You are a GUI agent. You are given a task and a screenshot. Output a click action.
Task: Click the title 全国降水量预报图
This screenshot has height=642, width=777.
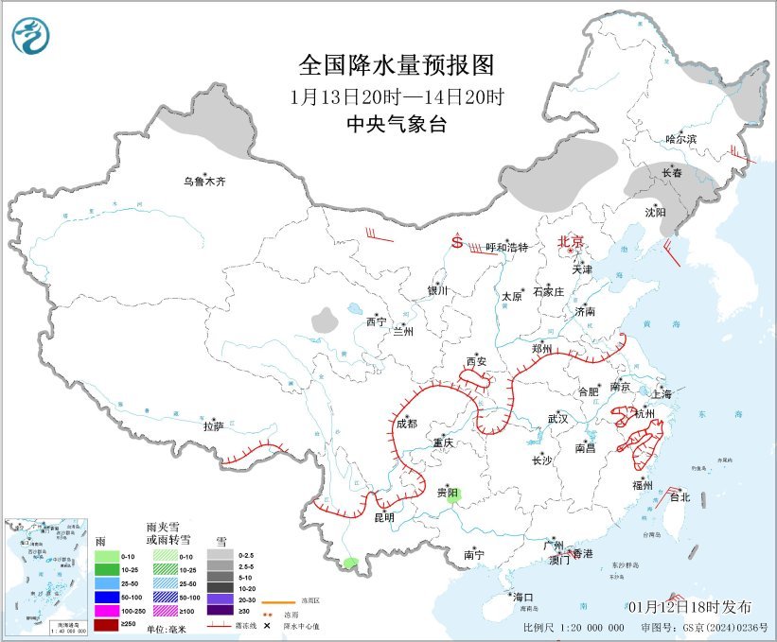397,65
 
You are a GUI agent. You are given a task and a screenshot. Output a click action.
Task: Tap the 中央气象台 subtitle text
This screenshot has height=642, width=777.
397,124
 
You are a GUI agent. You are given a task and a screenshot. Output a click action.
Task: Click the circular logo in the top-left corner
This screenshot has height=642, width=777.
33,36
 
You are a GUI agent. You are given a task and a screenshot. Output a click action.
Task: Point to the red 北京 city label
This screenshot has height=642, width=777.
572,241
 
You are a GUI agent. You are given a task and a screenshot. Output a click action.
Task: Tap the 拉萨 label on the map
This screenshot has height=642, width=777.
213,426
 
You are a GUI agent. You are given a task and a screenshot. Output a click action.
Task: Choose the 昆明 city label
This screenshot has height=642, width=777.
383,518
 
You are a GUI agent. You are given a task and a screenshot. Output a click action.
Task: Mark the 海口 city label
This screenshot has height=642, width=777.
523,597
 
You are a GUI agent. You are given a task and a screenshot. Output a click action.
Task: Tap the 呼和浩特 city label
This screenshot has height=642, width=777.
505,247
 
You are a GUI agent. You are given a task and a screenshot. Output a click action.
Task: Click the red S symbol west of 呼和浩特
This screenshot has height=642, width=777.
457,242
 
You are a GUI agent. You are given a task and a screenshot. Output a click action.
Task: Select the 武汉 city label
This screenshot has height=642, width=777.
557,418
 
